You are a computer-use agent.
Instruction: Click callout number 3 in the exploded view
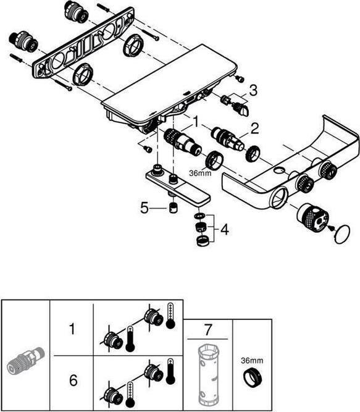253,90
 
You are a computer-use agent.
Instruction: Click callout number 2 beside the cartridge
254,128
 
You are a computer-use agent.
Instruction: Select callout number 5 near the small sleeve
144,208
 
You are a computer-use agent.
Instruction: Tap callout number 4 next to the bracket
225,230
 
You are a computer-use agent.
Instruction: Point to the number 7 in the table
207,330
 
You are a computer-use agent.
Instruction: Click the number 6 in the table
73,380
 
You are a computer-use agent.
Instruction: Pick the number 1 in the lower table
72,329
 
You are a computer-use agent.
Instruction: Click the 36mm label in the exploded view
200,173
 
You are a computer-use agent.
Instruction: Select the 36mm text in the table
252,361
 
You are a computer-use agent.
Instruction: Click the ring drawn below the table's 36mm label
253,378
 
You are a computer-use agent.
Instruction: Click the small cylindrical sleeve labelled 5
173,208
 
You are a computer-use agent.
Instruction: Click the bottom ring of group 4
202,241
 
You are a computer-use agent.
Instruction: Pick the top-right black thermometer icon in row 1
170,316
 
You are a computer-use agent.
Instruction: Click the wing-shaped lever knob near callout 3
241,109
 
